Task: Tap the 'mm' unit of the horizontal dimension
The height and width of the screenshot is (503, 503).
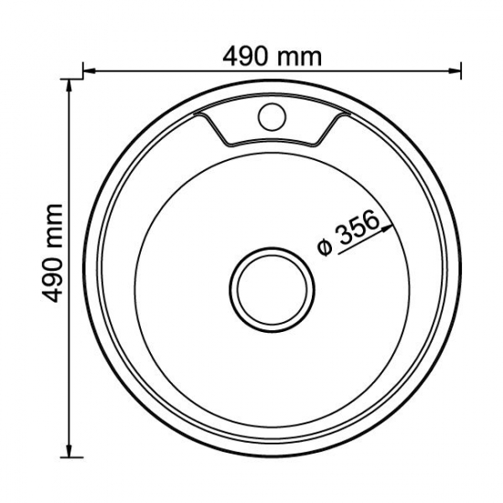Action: pos(300,56)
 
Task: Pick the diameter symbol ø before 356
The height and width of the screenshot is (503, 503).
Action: pos(324,248)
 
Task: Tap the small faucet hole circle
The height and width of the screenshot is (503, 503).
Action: pos(270,118)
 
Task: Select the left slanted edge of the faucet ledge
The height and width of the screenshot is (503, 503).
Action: pos(213,129)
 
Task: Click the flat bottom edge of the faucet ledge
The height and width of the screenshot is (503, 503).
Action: pos(271,144)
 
